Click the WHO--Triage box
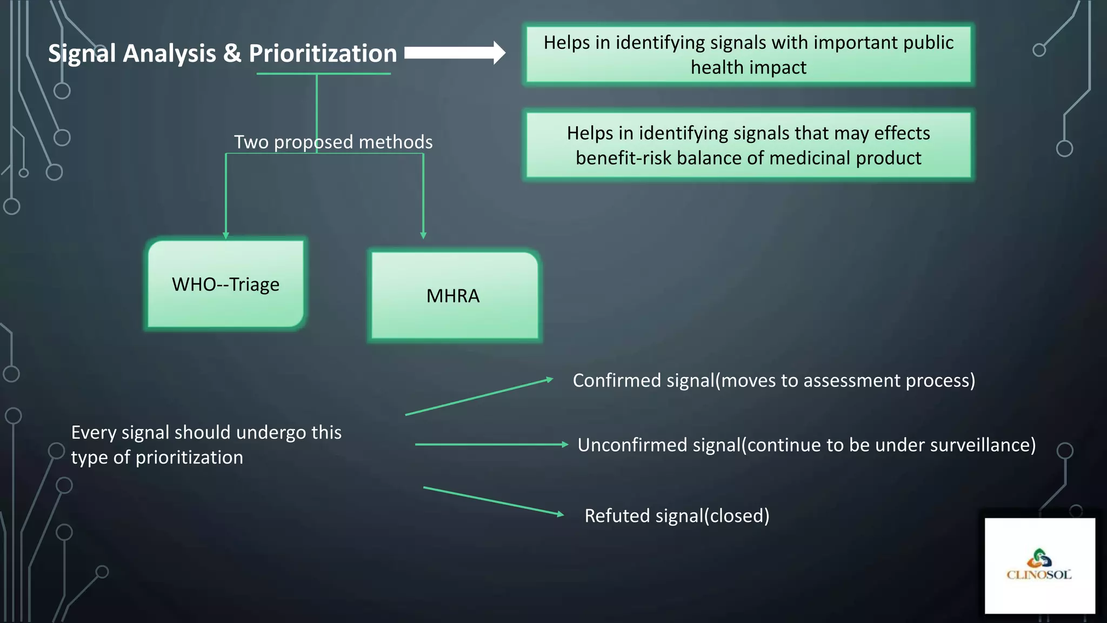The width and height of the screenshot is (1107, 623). pos(225,284)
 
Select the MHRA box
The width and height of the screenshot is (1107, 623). pos(454,296)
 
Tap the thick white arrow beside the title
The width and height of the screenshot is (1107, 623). pos(455,52)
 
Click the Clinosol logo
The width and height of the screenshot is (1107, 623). pos(1039,565)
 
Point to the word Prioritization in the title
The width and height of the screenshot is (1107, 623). pos(323,54)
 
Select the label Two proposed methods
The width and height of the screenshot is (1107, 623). pos(333,142)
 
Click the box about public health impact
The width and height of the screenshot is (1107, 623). pos(748,55)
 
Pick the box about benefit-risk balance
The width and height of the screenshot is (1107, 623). pos(748,145)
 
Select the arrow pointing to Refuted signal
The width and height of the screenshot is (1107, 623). pos(493,501)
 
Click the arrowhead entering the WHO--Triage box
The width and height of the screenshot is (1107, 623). pos(226,235)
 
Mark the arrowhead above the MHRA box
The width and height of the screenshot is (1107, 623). pos(423,235)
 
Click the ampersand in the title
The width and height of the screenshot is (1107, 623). pos(232,54)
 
